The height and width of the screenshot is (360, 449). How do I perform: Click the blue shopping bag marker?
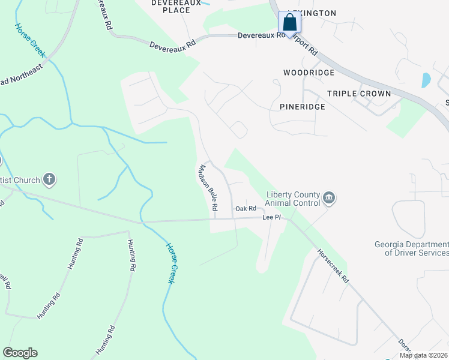(289, 23)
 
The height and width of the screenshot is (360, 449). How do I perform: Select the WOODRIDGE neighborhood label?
(309, 72)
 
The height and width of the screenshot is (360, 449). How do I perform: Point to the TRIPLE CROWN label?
(359, 94)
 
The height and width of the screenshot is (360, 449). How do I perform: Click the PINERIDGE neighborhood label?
(303, 107)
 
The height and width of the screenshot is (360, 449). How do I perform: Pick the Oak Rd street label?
(246, 209)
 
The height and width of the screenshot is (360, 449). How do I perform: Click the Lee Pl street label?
(271, 217)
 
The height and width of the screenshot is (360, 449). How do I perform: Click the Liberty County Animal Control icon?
(328, 197)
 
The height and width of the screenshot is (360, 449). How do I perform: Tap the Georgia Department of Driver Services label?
(411, 248)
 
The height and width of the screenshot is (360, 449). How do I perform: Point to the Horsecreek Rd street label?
(333, 266)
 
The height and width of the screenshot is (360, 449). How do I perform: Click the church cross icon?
(49, 179)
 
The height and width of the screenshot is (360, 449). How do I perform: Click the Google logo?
(20, 353)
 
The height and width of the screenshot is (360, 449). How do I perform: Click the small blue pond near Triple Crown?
(426, 80)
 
